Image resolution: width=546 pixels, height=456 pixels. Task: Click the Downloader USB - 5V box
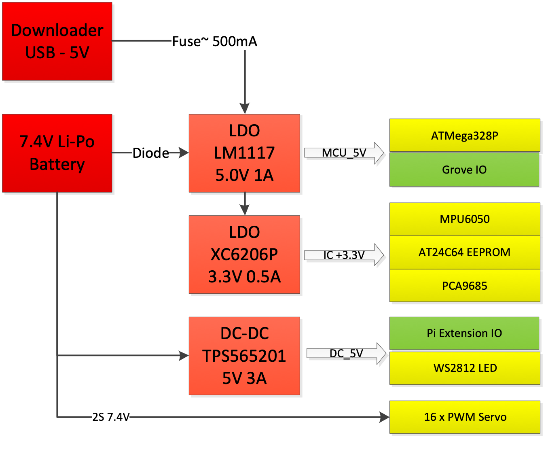[x=57, y=41]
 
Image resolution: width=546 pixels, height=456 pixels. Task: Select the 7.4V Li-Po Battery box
[x=57, y=153]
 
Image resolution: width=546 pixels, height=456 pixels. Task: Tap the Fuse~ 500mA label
[x=214, y=41]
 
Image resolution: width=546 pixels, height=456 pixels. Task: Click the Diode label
[x=150, y=153]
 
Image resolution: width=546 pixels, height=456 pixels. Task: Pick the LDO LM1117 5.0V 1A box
[x=244, y=153]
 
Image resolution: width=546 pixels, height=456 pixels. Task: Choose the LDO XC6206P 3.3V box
[x=244, y=255]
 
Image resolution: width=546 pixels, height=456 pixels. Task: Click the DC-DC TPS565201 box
[x=244, y=356]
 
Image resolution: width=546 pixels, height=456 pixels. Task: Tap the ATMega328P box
[x=465, y=136]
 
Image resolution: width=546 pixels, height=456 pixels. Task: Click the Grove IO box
[x=464, y=170]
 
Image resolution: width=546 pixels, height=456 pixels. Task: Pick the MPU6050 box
[x=465, y=219]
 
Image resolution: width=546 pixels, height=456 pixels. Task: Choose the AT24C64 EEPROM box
[x=465, y=252]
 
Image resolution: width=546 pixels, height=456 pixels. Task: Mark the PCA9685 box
[x=465, y=286]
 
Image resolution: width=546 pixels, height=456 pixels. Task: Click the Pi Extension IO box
[x=464, y=333]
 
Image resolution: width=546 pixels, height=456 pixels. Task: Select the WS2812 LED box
[x=465, y=368]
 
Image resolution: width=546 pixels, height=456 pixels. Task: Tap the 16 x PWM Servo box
[x=465, y=417]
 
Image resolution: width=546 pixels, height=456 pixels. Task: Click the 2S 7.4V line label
[x=111, y=417]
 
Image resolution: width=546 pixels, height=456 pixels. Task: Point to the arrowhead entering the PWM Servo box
[x=384, y=417]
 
